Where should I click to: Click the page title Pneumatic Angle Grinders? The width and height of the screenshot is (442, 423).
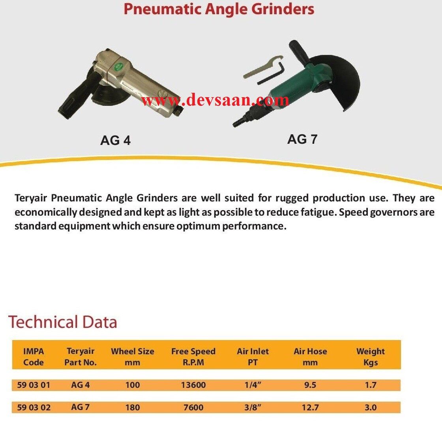pos(219,9)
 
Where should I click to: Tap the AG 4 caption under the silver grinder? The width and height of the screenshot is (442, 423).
pos(115,140)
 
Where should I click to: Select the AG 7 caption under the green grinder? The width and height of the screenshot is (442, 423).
pos(302,139)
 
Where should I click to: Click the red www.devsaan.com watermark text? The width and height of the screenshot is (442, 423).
pos(215,100)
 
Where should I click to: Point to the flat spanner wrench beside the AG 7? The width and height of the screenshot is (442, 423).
pos(260,68)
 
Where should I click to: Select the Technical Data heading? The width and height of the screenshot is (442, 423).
pos(63,322)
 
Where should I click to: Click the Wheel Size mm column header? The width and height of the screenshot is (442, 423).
pos(132,357)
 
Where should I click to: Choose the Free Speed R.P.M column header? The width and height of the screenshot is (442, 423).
pos(193,357)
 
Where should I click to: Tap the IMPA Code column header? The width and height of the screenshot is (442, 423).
pos(34,357)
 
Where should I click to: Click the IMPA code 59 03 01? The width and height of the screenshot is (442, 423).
pos(34,385)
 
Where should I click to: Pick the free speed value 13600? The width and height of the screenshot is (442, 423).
pos(193,385)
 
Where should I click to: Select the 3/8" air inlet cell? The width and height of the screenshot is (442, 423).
pos(253,407)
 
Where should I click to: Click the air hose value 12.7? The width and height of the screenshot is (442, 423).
pos(310,407)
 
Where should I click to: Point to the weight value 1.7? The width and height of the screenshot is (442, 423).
pos(370,385)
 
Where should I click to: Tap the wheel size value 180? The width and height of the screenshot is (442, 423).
pos(132,407)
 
